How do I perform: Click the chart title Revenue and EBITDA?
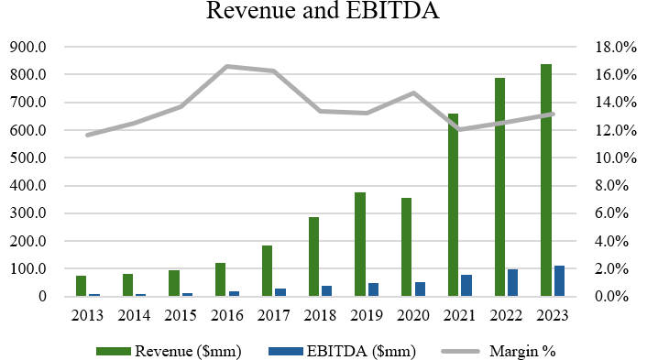click(x=334, y=12)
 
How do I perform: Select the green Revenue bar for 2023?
click(x=546, y=180)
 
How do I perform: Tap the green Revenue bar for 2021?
click(x=453, y=205)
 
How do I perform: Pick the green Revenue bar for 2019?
click(x=360, y=245)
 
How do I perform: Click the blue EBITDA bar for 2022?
click(x=512, y=283)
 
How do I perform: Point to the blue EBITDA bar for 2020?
click(x=420, y=289)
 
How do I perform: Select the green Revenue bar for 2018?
click(x=313, y=256)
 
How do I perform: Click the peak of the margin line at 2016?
click(x=227, y=66)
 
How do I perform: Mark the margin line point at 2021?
click(x=459, y=129)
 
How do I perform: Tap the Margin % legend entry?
click(x=521, y=350)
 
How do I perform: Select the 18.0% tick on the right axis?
click(x=618, y=47)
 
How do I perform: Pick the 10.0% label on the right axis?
click(x=618, y=158)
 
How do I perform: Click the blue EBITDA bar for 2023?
click(x=559, y=281)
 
